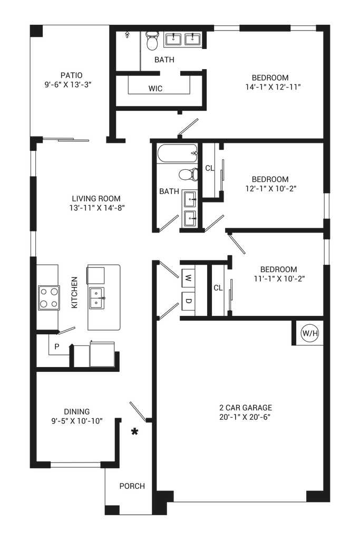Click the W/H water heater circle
click(x=310, y=333)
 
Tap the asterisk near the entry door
click(x=134, y=431)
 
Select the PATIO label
click(x=71, y=75)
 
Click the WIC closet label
click(x=155, y=89)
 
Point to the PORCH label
click(x=132, y=486)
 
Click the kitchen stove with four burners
click(x=48, y=298)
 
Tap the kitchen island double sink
click(x=97, y=298)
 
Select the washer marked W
click(x=188, y=277)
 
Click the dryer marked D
click(x=188, y=301)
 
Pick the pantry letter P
click(x=57, y=346)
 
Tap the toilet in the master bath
click(x=152, y=40)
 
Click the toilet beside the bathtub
click(x=189, y=174)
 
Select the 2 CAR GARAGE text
click(x=246, y=408)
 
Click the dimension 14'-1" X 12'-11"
click(x=273, y=87)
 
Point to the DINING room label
click(x=77, y=411)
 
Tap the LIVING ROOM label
click(x=96, y=198)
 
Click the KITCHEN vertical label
click(x=74, y=292)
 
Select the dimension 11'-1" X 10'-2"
click(x=279, y=278)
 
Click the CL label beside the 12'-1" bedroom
click(x=210, y=168)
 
